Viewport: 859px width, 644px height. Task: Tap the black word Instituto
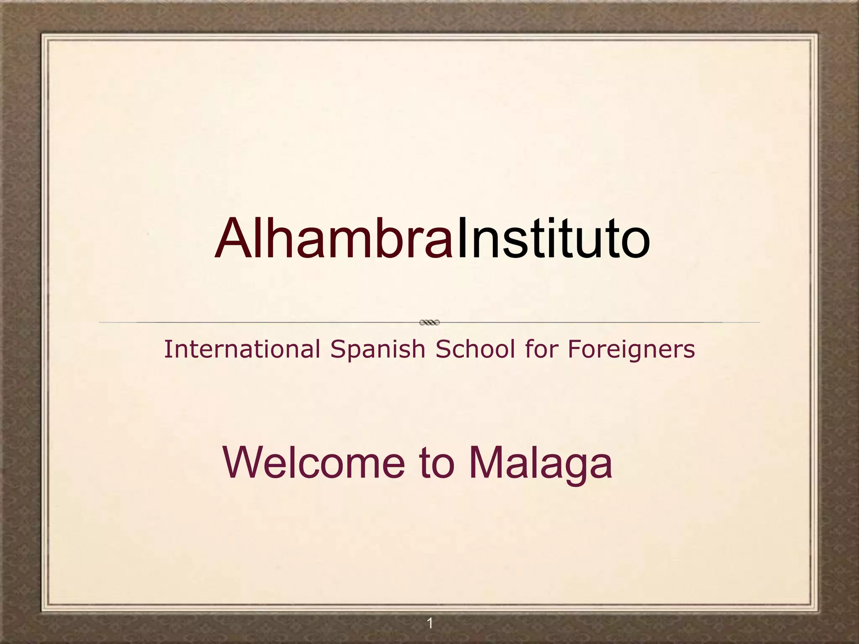click(x=553, y=239)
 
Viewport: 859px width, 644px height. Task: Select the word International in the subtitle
click(x=242, y=349)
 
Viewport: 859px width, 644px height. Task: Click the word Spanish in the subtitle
click(x=377, y=350)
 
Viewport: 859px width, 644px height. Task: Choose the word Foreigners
click(x=631, y=350)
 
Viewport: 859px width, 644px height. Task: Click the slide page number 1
click(x=429, y=623)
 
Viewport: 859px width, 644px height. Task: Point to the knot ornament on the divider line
click(x=429, y=322)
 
